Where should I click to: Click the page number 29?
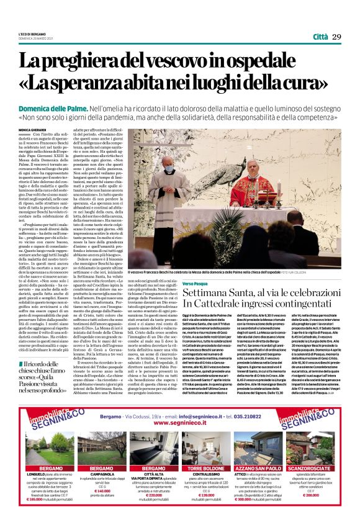[x=336, y=37]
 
